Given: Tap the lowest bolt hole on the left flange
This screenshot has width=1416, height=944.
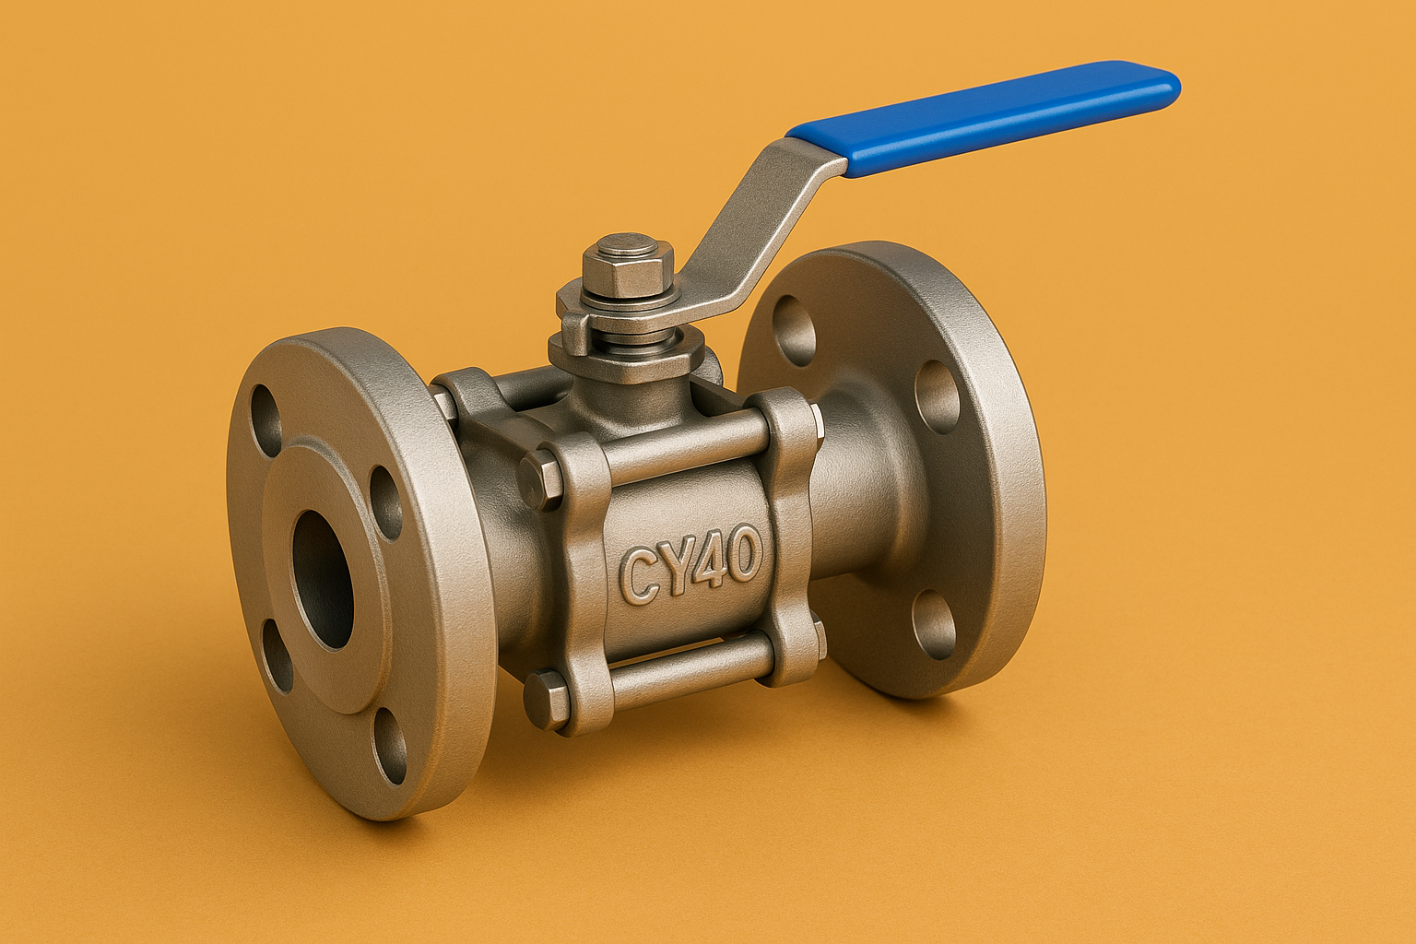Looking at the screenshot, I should (391, 747).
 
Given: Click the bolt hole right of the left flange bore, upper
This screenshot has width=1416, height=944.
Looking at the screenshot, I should (385, 502).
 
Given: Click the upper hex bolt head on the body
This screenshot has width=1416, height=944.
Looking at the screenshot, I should (538, 478).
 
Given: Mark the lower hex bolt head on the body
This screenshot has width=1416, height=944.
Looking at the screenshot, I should (543, 699).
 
